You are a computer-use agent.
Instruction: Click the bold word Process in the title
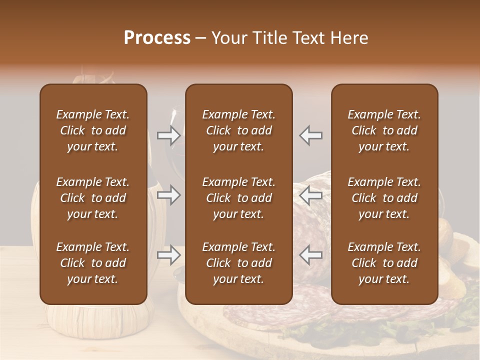click(157, 38)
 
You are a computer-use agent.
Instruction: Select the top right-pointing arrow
click(168, 134)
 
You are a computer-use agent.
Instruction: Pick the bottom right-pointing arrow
click(168, 255)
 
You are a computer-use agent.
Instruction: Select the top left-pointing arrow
click(310, 135)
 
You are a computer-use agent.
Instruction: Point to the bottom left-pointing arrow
click(310, 255)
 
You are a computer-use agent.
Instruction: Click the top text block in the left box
click(93, 130)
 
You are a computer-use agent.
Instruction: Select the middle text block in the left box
click(93, 198)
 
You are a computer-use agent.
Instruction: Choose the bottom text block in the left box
click(93, 263)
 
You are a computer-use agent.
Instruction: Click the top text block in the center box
click(238, 130)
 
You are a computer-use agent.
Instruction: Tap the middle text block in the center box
click(238, 198)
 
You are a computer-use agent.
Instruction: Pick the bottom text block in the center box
click(238, 263)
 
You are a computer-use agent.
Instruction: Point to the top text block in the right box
click(384, 130)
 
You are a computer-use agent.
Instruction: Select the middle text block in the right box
click(384, 198)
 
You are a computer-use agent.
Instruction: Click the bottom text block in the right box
click(384, 263)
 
